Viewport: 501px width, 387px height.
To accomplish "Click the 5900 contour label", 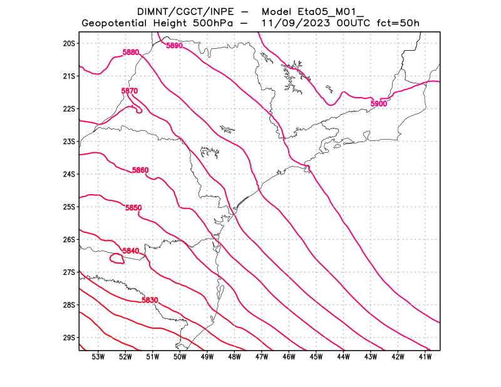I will click(x=379, y=103).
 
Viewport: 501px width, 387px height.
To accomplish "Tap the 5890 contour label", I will click(x=174, y=46).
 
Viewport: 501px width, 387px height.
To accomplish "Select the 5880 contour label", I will click(x=131, y=53).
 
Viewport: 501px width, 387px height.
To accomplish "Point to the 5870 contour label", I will click(x=129, y=91).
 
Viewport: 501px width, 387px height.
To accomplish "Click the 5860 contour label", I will click(x=140, y=170).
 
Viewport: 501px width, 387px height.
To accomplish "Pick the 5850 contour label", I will click(x=133, y=208).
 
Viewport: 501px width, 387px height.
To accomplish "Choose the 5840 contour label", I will click(x=130, y=251).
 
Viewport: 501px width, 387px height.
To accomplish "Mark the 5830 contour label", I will click(x=150, y=301).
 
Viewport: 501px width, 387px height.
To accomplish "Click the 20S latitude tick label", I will click(x=69, y=43).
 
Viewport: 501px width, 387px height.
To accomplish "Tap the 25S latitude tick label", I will click(x=69, y=207).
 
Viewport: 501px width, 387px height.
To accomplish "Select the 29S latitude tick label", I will click(x=69, y=338).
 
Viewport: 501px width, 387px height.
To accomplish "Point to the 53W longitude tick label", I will click(x=98, y=357).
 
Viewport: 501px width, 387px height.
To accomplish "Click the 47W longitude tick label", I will click(x=262, y=357).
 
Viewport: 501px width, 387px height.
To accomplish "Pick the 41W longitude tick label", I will click(x=425, y=357).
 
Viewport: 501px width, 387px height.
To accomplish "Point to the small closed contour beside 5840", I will click(x=116, y=259).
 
